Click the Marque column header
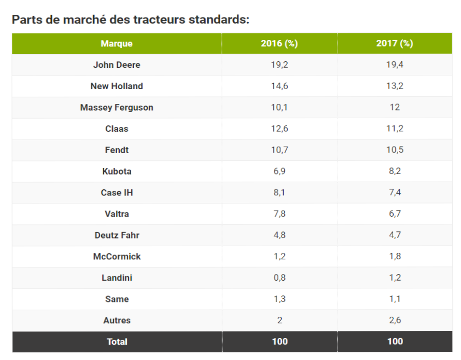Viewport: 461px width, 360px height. coord(116,44)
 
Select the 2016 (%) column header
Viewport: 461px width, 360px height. coord(279,44)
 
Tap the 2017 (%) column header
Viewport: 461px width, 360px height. coord(394,44)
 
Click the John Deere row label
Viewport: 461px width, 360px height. coord(116,65)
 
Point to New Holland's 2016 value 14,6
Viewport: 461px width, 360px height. coord(279,86)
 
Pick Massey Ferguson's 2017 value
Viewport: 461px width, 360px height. coord(394,107)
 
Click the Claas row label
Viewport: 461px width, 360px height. coord(116,129)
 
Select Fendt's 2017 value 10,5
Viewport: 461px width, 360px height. coord(394,150)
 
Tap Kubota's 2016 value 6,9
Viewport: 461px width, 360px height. coord(279,171)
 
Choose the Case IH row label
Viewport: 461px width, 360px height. coord(116,193)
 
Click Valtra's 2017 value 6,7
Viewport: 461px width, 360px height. coord(394,214)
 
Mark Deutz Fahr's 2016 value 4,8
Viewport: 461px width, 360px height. coord(279,235)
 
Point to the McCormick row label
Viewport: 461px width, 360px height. coord(116,257)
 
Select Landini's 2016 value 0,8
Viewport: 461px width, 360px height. coord(279,278)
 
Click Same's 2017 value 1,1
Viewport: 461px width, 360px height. coord(394,299)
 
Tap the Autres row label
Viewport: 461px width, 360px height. coord(116,321)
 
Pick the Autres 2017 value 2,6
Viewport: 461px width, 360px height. coord(394,321)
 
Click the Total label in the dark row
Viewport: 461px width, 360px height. coord(116,341)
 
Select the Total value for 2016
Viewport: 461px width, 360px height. coord(279,341)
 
